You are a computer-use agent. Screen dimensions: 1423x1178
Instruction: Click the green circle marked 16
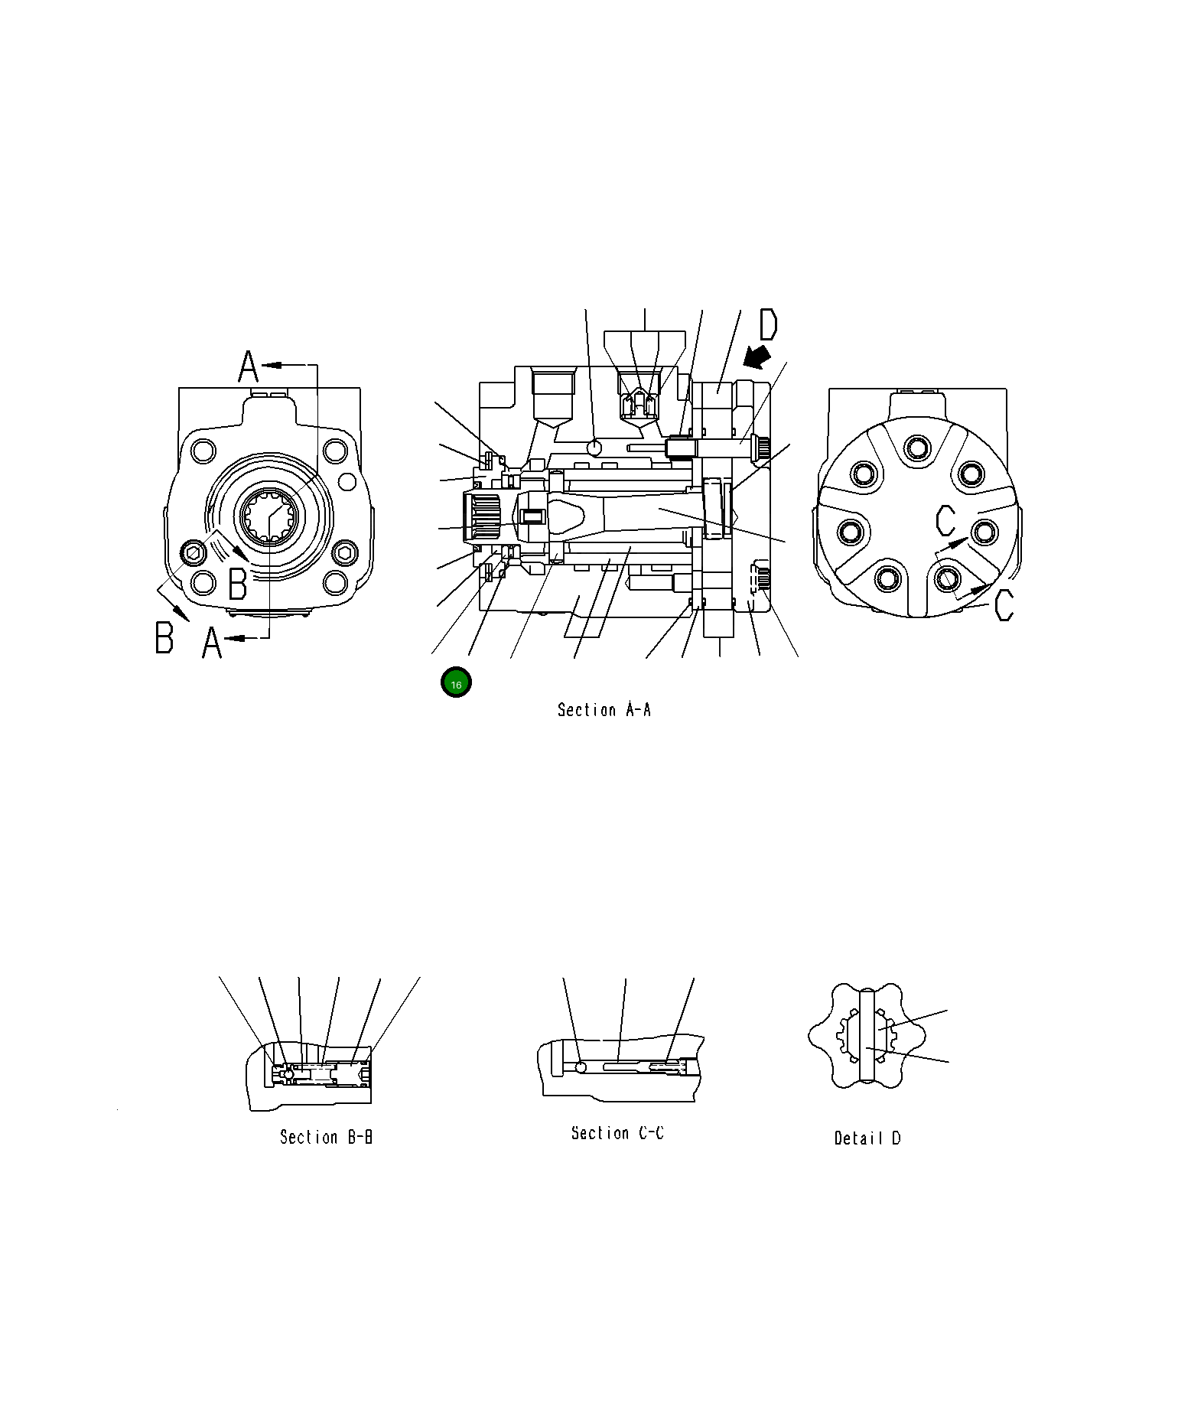pyautogui.click(x=456, y=683)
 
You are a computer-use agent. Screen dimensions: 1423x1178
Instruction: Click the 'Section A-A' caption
pyautogui.click(x=604, y=710)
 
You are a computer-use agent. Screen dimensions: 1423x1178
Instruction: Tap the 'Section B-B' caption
pyautogui.click(x=326, y=1137)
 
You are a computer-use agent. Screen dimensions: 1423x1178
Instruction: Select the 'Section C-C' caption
pyautogui.click(x=617, y=1133)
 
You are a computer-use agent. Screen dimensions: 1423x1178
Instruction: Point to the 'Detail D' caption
pyautogui.click(x=867, y=1138)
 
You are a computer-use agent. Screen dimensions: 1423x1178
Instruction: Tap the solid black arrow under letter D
pyautogui.click(x=758, y=355)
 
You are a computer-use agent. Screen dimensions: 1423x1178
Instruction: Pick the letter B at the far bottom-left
pyautogui.click(x=164, y=637)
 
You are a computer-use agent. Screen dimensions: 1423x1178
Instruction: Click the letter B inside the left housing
pyautogui.click(x=238, y=584)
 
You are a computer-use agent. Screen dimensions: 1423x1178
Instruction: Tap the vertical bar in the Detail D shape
pyautogui.click(x=867, y=1036)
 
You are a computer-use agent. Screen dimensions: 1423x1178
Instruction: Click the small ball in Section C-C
pyautogui.click(x=582, y=1067)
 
